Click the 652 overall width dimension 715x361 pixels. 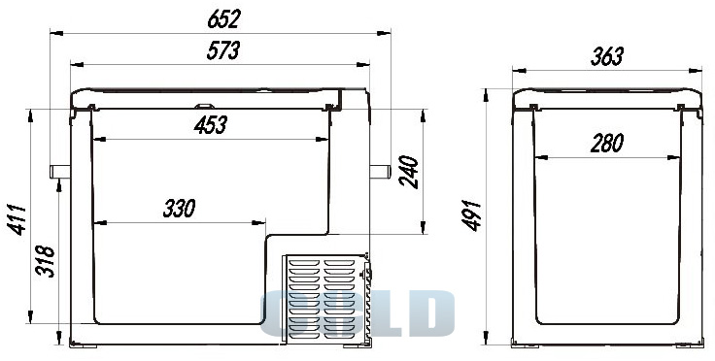(223, 19)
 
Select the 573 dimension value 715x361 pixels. (223, 50)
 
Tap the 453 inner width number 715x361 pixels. (211, 125)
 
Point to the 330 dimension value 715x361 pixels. (179, 208)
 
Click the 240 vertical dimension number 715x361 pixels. (409, 172)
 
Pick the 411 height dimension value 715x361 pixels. (18, 219)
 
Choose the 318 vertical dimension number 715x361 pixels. (45, 261)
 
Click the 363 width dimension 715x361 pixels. (606, 57)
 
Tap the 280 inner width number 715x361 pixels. (606, 144)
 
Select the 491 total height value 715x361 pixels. (471, 215)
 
